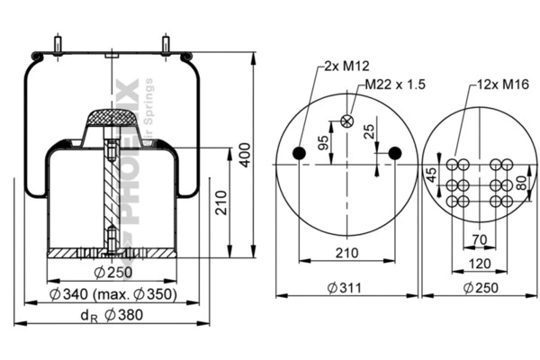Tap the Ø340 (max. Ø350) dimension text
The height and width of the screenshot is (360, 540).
click(x=112, y=294)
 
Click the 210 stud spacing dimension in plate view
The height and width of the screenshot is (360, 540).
click(x=346, y=253)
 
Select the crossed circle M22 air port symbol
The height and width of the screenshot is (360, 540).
click(x=346, y=122)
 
